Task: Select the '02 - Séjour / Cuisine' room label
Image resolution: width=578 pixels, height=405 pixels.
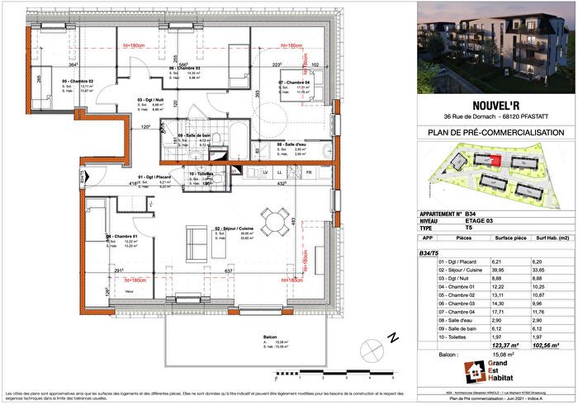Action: pyautogui.click(x=234, y=228)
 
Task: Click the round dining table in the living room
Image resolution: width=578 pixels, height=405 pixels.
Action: pyautogui.click(x=272, y=220)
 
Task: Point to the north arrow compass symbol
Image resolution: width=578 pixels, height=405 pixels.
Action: pyautogui.click(x=395, y=338)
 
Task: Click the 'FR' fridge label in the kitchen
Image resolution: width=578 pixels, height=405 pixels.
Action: pyautogui.click(x=308, y=172)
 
